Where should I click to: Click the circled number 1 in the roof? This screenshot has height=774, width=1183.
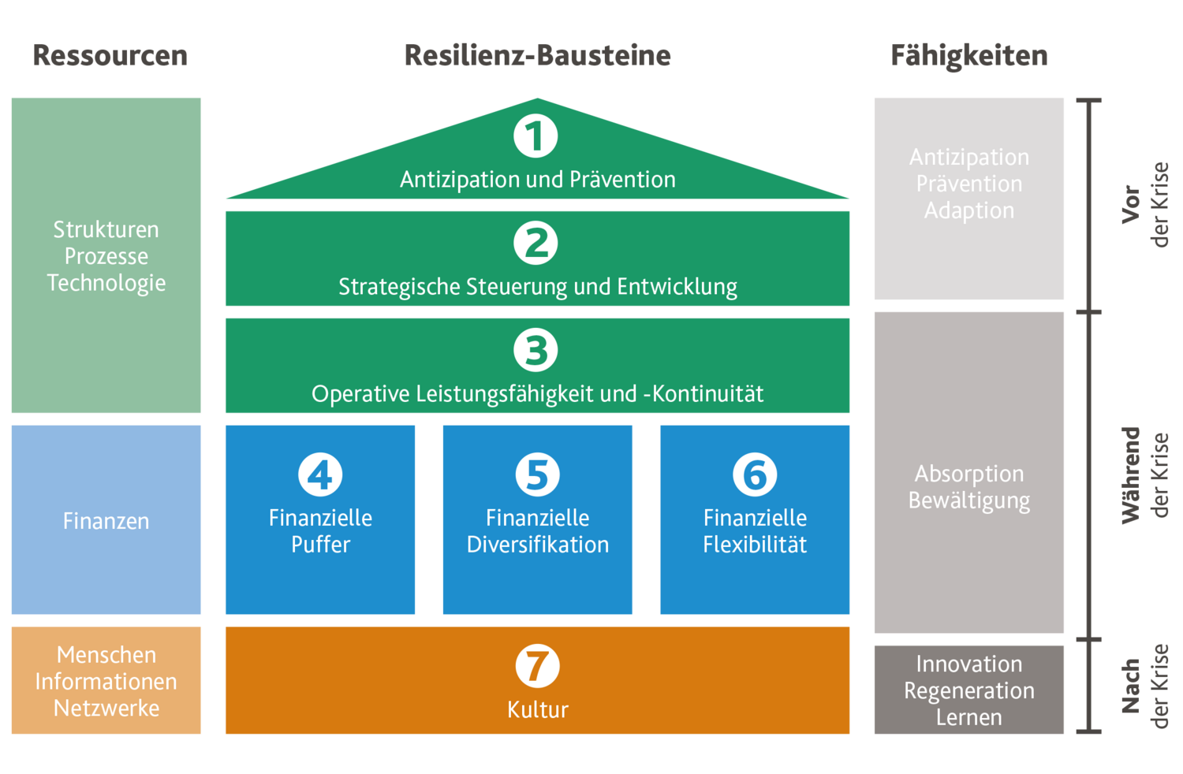tap(536, 136)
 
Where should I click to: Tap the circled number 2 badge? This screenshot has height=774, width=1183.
tap(536, 243)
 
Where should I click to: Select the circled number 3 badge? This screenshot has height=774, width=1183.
tap(536, 350)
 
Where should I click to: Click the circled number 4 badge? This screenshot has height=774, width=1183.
tap(320, 474)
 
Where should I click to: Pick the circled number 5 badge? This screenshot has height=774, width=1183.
tap(537, 474)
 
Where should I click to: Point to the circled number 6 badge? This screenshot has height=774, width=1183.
tap(755, 474)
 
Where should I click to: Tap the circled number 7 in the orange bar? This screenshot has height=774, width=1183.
tap(537, 666)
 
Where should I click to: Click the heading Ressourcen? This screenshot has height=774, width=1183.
tap(110, 55)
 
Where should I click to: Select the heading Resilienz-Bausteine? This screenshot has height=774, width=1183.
tap(537, 55)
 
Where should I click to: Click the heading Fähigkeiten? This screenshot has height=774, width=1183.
tap(968, 55)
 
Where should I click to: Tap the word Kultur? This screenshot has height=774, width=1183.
tap(537, 710)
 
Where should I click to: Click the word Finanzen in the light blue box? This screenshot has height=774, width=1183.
tap(106, 521)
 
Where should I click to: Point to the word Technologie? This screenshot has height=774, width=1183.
tap(106, 283)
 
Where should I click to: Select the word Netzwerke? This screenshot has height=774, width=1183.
tap(106, 709)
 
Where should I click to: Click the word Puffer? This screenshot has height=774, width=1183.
tap(320, 545)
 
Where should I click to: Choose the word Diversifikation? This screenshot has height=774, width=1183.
tap(537, 545)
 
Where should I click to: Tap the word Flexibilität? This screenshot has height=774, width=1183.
tap(755, 545)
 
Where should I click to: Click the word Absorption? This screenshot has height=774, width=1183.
tap(968, 474)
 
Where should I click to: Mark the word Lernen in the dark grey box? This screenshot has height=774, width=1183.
tap(968, 717)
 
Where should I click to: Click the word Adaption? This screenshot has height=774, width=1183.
tap(968, 210)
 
